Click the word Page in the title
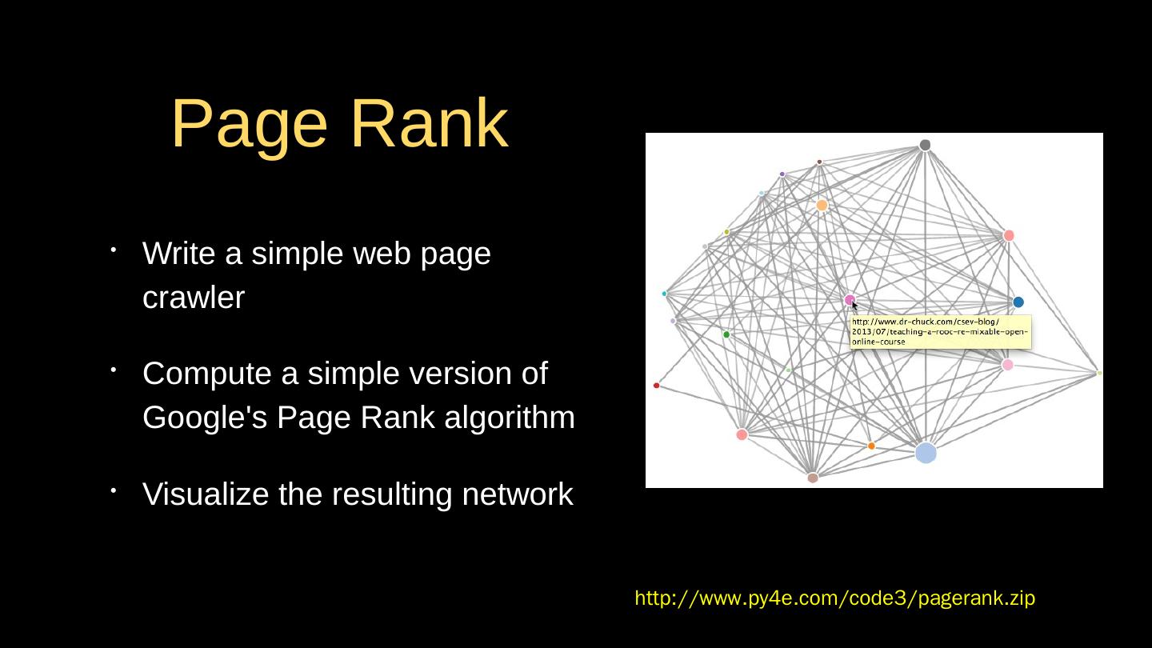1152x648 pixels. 249,124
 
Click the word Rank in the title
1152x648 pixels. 429,124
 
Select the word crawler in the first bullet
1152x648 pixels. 194,298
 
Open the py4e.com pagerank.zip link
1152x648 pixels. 834,598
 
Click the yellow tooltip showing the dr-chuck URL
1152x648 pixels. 940,332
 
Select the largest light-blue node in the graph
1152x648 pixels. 926,453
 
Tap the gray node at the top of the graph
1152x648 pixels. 925,145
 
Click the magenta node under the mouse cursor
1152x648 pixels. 850,300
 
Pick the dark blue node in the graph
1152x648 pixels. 1018,302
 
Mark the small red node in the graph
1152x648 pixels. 657,386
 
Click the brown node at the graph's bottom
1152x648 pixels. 813,478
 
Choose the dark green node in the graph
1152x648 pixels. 726,334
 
